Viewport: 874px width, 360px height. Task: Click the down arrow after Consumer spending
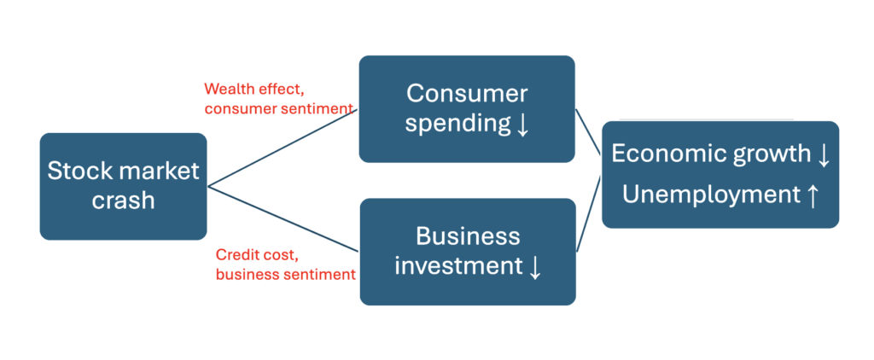523,125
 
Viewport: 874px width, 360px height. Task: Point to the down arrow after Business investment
534,267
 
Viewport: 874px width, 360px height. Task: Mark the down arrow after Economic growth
823,155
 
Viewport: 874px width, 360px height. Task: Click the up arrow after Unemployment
812,195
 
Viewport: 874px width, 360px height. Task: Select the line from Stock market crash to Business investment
282,219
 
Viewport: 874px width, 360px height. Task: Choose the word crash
124,200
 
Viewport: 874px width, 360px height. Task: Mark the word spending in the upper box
457,124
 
